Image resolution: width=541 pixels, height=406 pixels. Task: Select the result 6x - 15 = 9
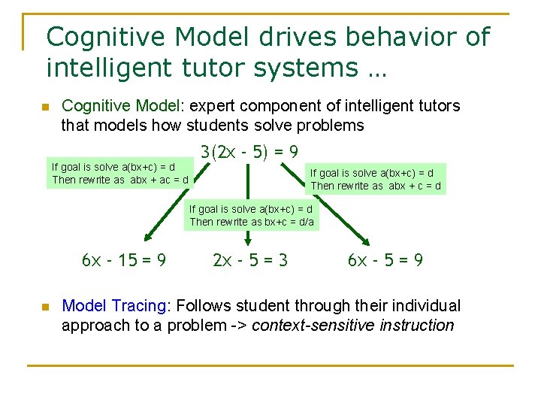pyautogui.click(x=124, y=261)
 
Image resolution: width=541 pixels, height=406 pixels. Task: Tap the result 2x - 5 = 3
pyautogui.click(x=250, y=261)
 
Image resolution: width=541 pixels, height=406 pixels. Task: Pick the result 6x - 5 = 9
pyautogui.click(x=385, y=261)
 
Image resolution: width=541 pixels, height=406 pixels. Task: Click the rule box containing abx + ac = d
pyautogui.click(x=120, y=174)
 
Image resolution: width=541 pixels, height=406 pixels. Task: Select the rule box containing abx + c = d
pyautogui.click(x=376, y=179)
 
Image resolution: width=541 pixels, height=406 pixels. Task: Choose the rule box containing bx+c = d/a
pyautogui.click(x=252, y=215)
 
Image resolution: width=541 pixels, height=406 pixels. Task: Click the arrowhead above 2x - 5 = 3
pyautogui.click(x=249, y=240)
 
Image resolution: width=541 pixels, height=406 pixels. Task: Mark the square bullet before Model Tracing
pyautogui.click(x=44, y=307)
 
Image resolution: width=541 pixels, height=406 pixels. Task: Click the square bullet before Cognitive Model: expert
pyautogui.click(x=44, y=107)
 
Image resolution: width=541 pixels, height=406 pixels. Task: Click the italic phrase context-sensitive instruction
pyautogui.click(x=355, y=326)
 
